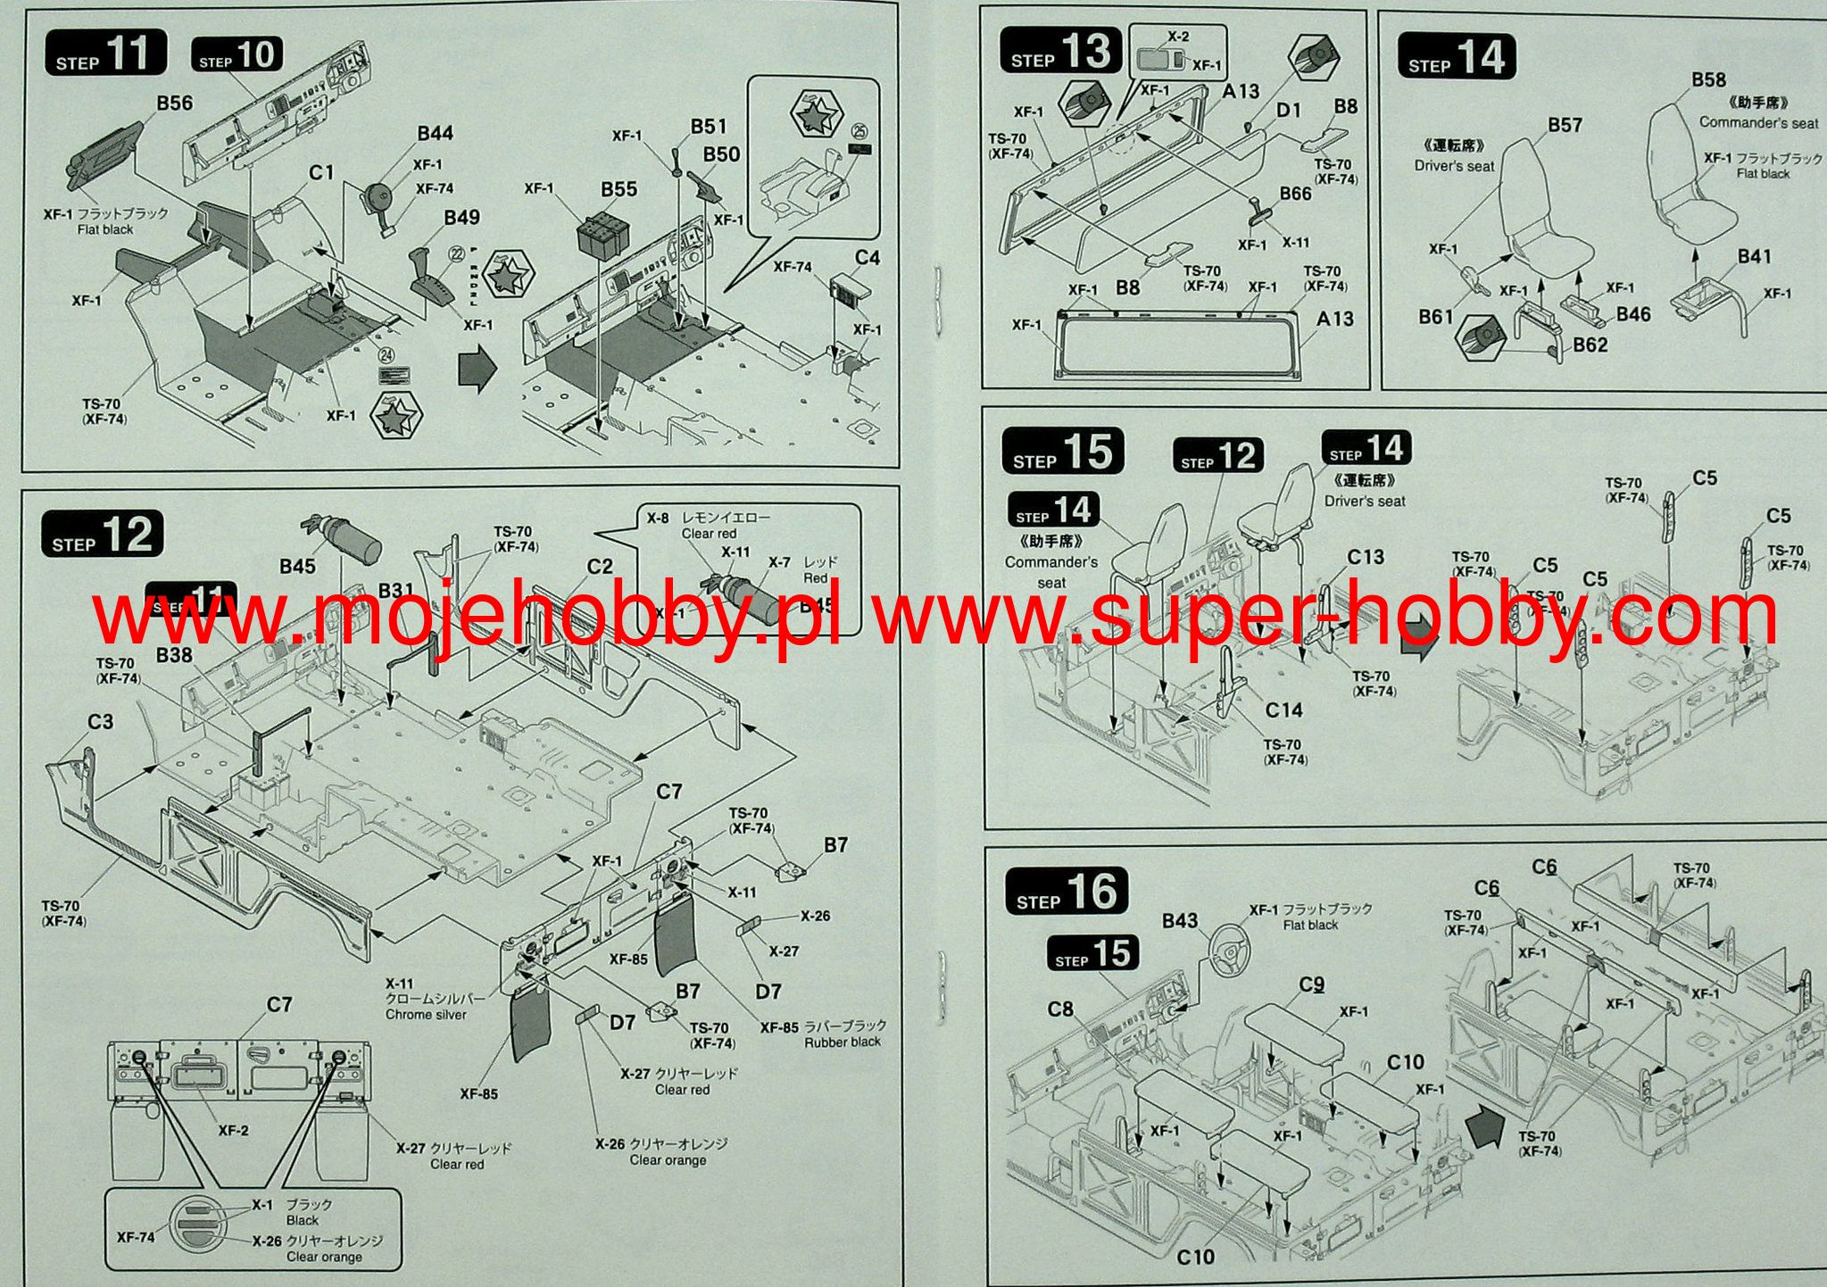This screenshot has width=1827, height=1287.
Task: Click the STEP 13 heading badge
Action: pos(1059,51)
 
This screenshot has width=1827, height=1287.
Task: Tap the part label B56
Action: pos(174,104)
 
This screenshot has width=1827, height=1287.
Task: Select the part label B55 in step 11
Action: pos(619,189)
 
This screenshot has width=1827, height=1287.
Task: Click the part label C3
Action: pos(100,721)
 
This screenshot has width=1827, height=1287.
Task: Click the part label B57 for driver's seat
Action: pos(1565,126)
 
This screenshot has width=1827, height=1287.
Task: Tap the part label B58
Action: pos(1708,80)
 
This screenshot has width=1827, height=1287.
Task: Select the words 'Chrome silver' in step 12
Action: pos(426,1015)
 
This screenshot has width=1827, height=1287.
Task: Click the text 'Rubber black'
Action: pos(842,1042)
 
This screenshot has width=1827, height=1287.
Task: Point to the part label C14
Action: pos(1283,710)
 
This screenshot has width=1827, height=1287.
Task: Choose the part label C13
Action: pos(1366,557)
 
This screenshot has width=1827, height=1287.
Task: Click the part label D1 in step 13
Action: pos(1288,110)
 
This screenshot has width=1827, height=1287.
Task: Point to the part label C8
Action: pos(1060,1009)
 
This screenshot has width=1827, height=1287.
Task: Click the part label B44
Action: pos(435,134)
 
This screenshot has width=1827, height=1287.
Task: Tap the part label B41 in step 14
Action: pos(1754,257)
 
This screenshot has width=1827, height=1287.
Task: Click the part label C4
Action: pos(867,258)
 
